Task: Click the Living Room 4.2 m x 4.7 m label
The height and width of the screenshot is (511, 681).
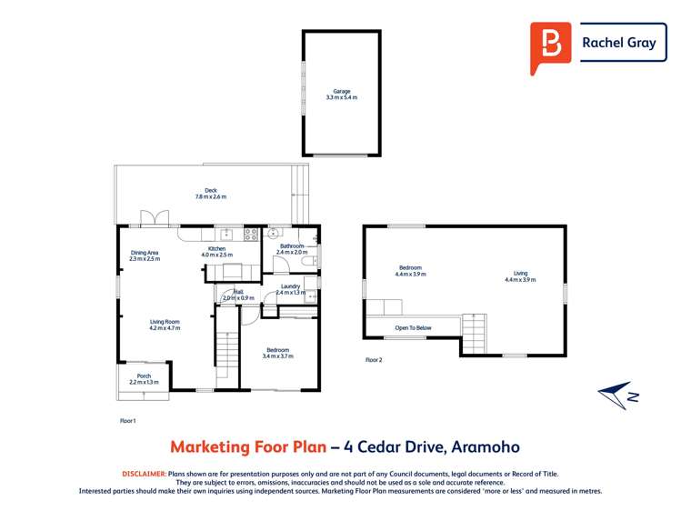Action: pos(165,324)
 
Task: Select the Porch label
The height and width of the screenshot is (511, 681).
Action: pos(144,378)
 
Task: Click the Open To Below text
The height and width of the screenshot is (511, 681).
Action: pos(413,327)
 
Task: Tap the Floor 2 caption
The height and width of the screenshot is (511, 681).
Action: pos(374,360)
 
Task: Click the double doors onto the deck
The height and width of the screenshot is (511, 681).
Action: pos(155,219)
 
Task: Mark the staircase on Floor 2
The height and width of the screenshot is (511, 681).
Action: pos(476,333)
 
